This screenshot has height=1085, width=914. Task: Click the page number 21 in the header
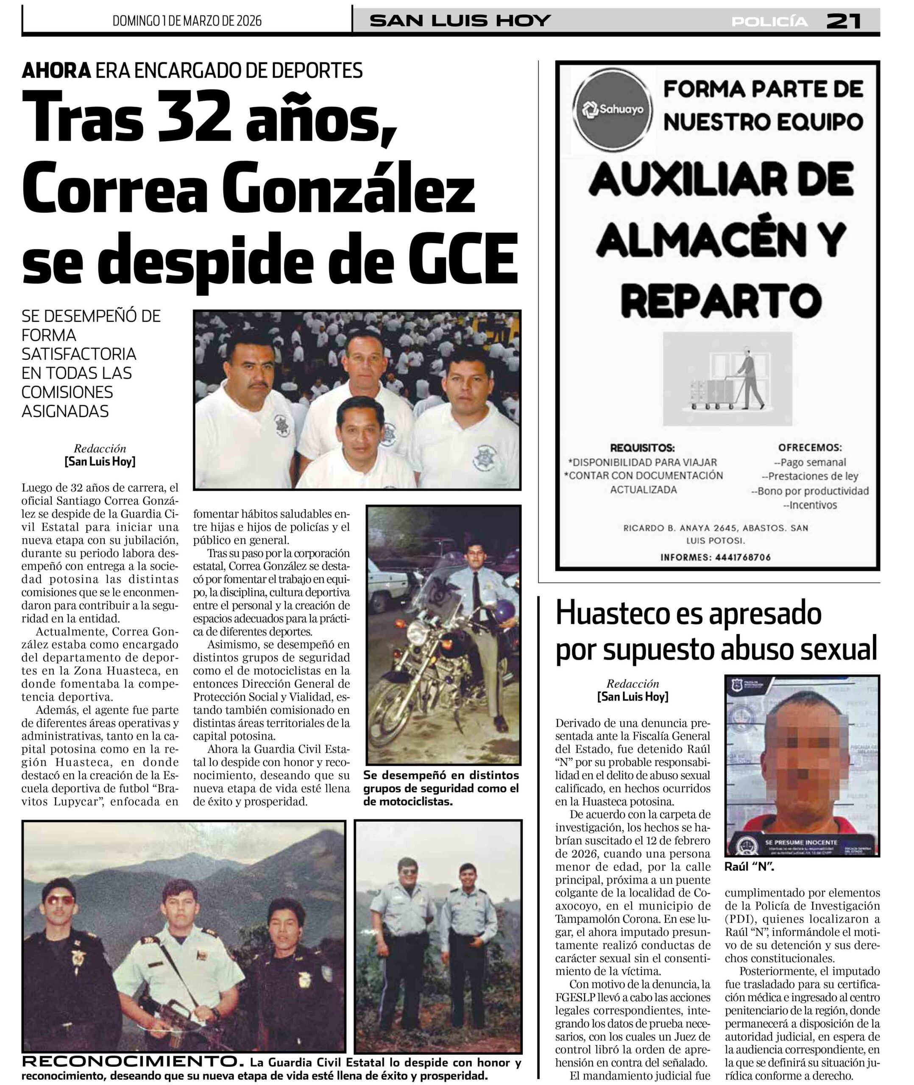click(843, 21)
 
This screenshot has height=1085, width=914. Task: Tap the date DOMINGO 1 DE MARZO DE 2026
click(187, 21)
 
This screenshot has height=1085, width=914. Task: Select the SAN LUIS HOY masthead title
click(460, 21)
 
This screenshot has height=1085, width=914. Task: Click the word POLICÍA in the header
click(769, 22)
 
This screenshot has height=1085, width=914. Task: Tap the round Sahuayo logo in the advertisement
click(613, 109)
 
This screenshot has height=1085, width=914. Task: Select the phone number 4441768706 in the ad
click(742, 557)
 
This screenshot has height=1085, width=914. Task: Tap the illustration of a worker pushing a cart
click(727, 378)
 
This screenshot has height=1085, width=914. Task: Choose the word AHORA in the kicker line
click(56, 70)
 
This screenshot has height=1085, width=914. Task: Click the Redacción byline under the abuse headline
click(633, 684)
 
